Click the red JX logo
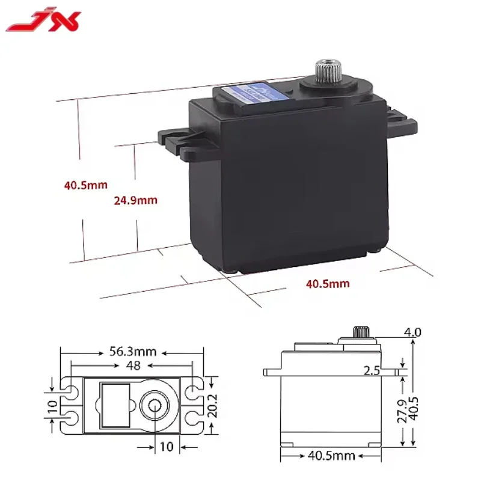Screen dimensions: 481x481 [x=43, y=23]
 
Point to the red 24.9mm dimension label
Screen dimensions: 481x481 [x=135, y=200]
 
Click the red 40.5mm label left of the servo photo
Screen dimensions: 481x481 [x=86, y=185]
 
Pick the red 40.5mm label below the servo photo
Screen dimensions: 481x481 [x=327, y=283]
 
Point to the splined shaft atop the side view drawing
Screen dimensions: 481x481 [x=360, y=331]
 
